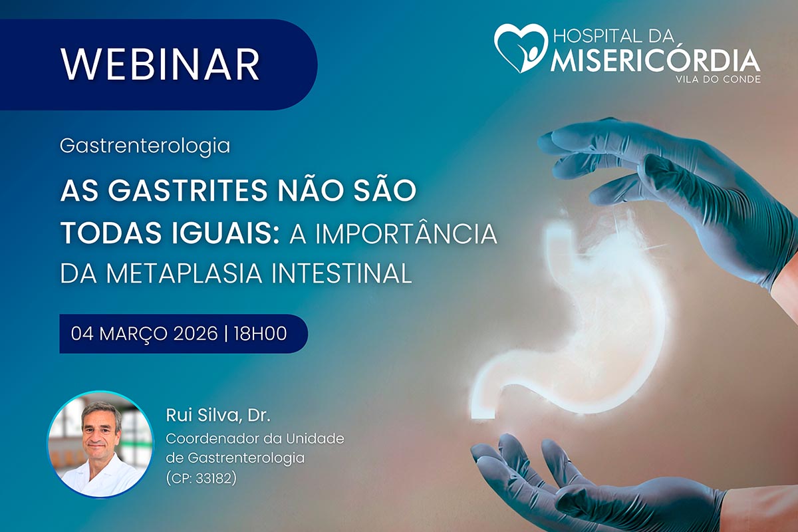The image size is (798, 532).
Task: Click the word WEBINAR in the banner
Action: pos(160,65)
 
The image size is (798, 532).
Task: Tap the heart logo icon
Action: pos(520,48)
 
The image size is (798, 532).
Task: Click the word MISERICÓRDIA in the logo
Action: pos(655,61)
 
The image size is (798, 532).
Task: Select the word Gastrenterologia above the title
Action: pos(145,146)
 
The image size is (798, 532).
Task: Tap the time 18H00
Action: pos(261,334)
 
